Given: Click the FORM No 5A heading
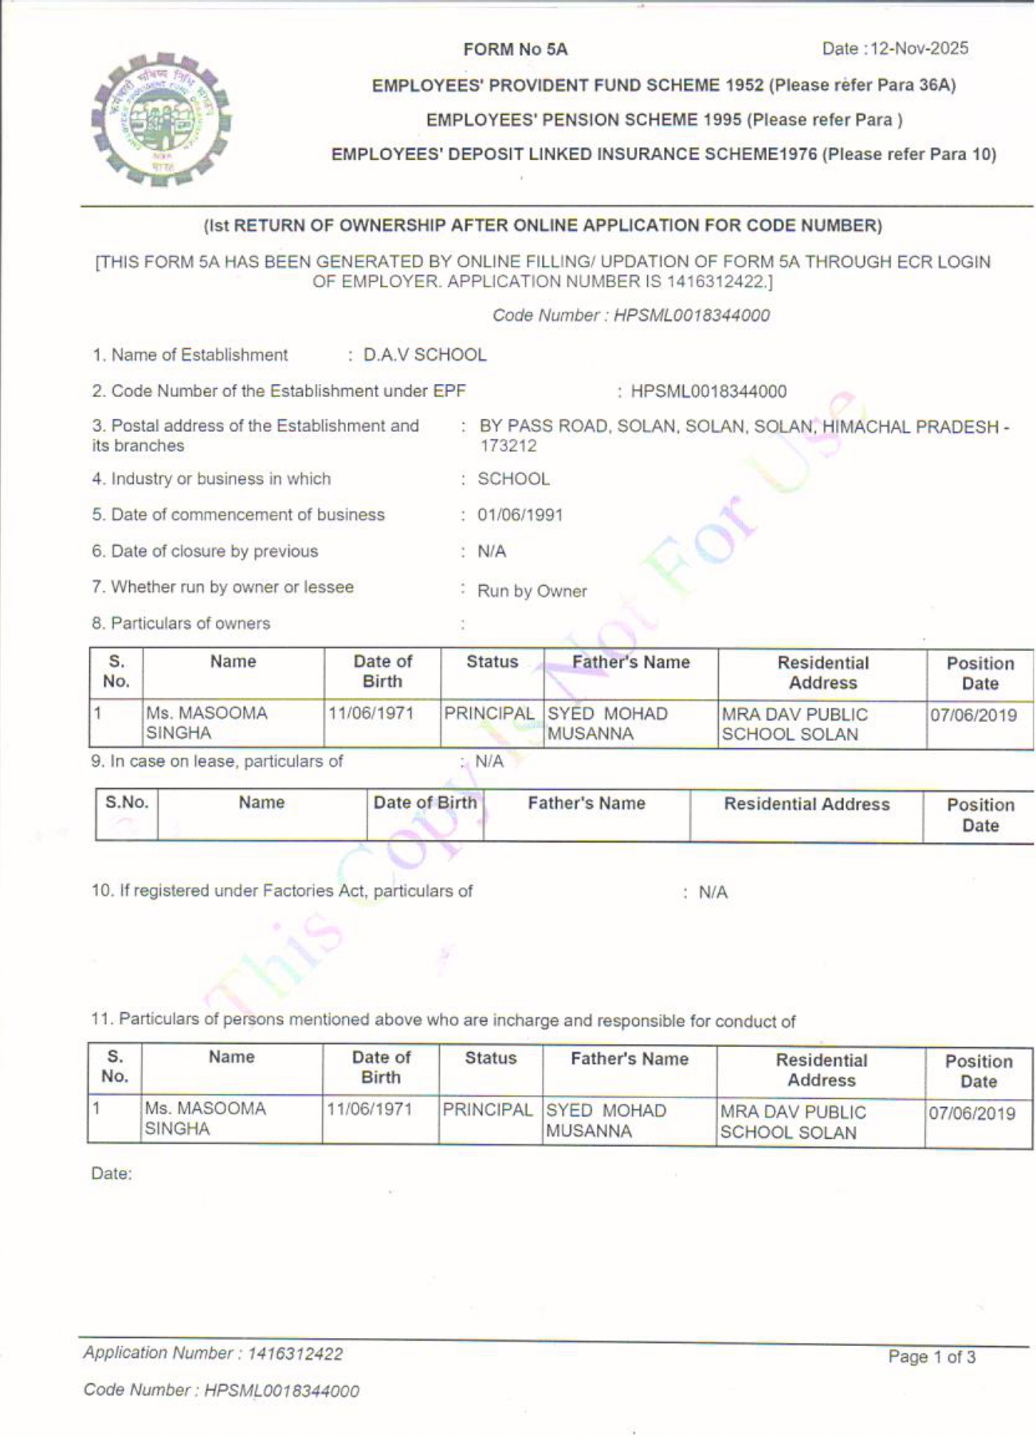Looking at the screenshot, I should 516,49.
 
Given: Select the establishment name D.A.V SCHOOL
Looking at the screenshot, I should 425,355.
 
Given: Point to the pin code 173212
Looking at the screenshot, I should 508,446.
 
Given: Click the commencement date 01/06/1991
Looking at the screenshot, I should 520,515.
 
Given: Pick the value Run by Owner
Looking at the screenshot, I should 532,591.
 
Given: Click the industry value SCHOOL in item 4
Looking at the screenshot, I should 513,479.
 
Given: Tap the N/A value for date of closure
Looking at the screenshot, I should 492,551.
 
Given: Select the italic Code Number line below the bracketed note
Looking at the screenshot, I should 631,316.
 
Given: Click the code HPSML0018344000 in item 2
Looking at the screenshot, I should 708,392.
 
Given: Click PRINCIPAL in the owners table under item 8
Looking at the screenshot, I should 489,714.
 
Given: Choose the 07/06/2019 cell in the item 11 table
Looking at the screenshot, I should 972,1113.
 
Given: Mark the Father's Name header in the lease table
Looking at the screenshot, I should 587,803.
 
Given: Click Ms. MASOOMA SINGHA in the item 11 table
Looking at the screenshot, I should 205,1118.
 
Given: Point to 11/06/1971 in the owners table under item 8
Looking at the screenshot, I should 371,713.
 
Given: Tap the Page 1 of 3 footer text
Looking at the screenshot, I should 932,1357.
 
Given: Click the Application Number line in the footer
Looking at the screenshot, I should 214,1353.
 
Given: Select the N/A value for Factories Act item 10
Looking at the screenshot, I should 713,893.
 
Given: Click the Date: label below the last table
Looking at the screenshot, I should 112,1174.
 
